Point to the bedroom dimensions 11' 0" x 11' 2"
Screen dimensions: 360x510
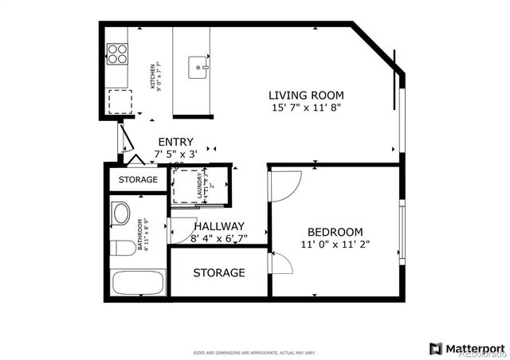point(335,245)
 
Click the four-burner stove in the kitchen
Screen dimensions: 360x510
point(119,53)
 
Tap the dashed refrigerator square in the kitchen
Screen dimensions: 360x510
point(120,102)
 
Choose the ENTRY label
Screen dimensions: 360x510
point(175,141)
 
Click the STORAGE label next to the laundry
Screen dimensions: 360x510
point(138,180)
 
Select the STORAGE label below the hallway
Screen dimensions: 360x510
point(219,273)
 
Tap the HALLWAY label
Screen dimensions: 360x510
point(219,226)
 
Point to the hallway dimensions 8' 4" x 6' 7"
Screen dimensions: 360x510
point(219,238)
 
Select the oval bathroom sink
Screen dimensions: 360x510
point(121,213)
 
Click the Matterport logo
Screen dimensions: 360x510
point(467,348)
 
